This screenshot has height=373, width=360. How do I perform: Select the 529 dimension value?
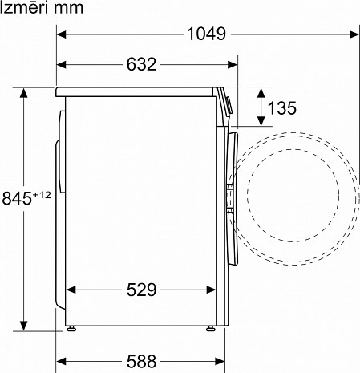pyautogui.click(x=141, y=290)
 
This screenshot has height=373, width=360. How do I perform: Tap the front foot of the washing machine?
pyautogui.click(x=212, y=328)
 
